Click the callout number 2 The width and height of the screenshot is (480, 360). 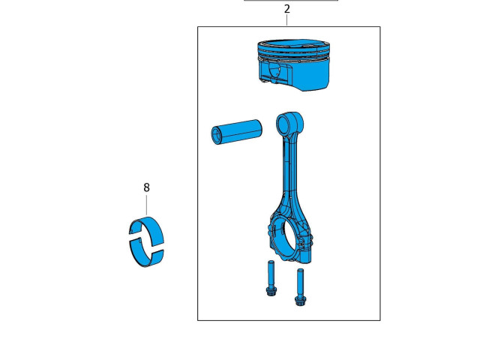[286, 9]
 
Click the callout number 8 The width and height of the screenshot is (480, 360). [147, 187]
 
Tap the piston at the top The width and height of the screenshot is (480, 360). [294, 65]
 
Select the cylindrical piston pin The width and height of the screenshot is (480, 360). [237, 132]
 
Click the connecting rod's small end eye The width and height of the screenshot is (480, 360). [289, 124]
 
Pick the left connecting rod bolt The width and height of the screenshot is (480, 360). [271, 278]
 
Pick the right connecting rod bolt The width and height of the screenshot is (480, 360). [300, 287]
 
